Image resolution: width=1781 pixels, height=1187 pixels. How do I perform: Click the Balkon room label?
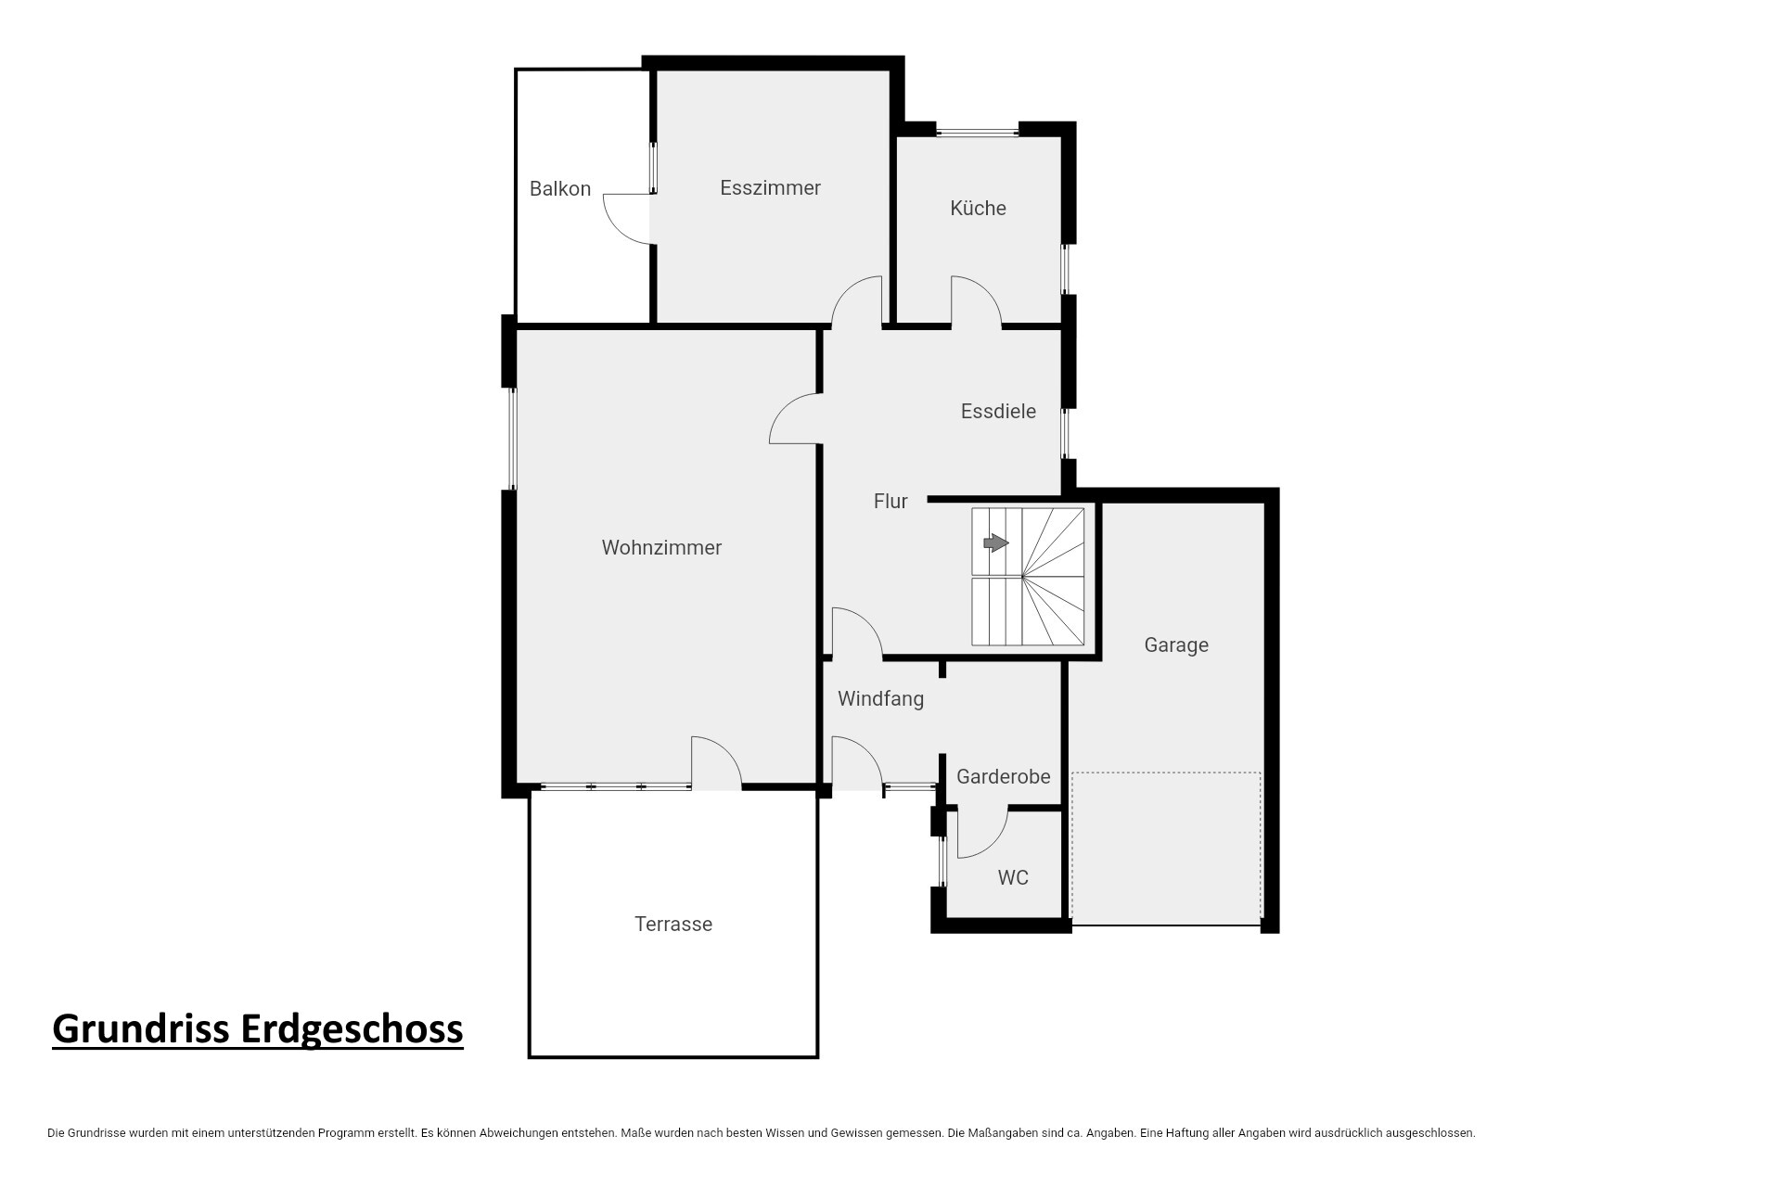pyautogui.click(x=560, y=189)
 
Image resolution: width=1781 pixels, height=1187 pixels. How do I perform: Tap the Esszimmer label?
pyautogui.click(x=770, y=188)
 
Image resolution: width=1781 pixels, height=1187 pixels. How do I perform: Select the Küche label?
pyautogui.click(x=978, y=208)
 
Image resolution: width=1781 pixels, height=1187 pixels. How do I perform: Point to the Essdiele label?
pyautogui.click(x=998, y=411)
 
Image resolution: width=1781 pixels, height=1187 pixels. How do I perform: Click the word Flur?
pyautogui.click(x=890, y=501)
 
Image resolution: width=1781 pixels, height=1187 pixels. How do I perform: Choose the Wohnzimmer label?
pyautogui.click(x=661, y=547)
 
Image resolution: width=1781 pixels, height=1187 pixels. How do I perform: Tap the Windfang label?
pyautogui.click(x=880, y=699)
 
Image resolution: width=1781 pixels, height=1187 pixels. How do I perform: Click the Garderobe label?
pyautogui.click(x=1003, y=776)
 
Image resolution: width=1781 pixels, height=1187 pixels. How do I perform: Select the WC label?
pyautogui.click(x=1013, y=877)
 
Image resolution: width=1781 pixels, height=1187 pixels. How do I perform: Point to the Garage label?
pyautogui.click(x=1176, y=645)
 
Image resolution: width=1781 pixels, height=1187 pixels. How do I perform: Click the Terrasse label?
pyautogui.click(x=673, y=924)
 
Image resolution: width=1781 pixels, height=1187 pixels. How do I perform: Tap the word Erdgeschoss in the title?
pyautogui.click(x=352, y=1028)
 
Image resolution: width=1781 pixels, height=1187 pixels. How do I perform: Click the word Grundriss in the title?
pyautogui.click(x=142, y=1028)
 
